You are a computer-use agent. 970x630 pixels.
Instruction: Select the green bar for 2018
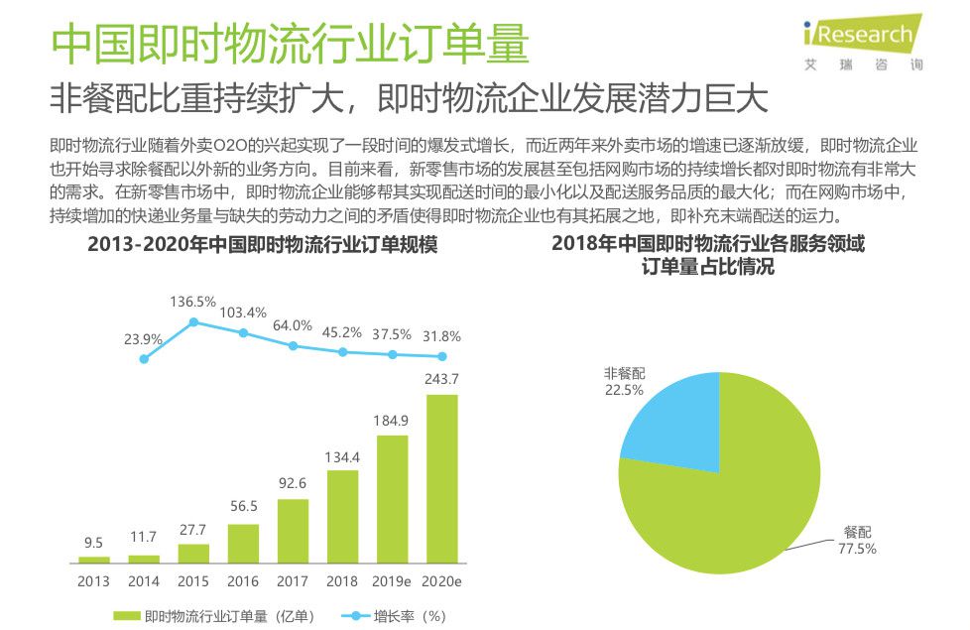[342, 516]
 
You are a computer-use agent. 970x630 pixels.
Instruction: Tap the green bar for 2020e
[441, 479]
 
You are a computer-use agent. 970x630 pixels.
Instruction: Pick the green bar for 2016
[243, 544]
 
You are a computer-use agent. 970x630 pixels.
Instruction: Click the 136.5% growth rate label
[192, 302]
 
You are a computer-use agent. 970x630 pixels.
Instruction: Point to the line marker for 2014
[144, 358]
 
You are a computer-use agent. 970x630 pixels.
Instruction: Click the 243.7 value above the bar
[441, 379]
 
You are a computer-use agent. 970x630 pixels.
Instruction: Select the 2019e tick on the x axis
[392, 581]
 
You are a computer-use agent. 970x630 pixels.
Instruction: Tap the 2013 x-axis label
[93, 581]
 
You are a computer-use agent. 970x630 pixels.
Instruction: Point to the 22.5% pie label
[624, 390]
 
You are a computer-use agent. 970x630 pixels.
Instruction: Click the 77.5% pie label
[858, 549]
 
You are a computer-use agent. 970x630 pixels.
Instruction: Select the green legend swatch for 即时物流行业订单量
[127, 616]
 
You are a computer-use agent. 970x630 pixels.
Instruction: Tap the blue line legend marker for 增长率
[354, 616]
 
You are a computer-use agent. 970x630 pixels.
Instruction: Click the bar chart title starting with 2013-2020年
[262, 244]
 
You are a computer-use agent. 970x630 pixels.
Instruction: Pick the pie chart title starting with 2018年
[707, 255]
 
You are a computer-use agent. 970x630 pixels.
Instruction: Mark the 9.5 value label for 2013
[93, 542]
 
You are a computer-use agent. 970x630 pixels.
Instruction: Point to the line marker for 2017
[293, 345]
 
